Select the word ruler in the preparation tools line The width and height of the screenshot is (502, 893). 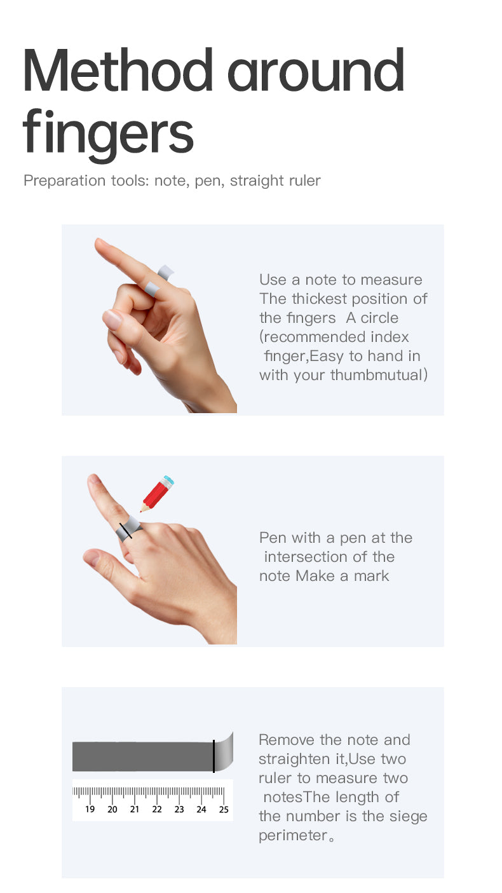[305, 181]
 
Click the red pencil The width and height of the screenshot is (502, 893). [157, 494]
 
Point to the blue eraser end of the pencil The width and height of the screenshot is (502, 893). [169, 480]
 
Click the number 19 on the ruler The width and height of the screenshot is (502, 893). [90, 809]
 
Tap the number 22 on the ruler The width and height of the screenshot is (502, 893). [157, 809]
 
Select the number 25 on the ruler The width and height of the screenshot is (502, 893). [224, 809]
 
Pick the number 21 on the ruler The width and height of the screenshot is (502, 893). [135, 809]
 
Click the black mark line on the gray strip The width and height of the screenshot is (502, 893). [214, 756]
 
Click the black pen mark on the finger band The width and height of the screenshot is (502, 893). [126, 531]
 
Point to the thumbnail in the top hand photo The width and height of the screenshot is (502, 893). [112, 319]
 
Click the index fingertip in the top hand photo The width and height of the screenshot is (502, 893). [100, 243]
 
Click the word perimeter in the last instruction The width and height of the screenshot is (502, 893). [293, 835]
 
